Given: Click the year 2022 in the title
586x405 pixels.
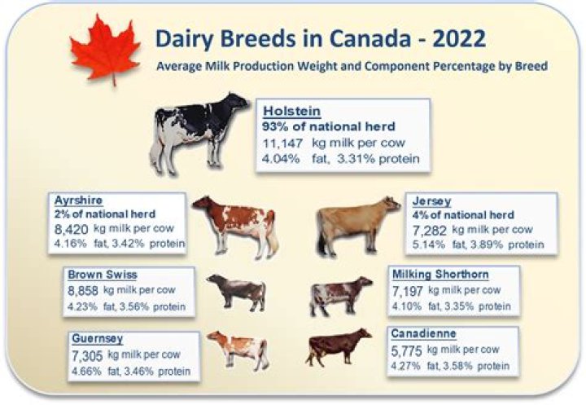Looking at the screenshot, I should click(x=458, y=37).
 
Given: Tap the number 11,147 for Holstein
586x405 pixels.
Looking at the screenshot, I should click(x=282, y=143).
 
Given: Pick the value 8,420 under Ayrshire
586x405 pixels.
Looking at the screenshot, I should click(x=71, y=229).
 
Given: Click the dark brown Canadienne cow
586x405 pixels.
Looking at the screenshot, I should click(x=337, y=347).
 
